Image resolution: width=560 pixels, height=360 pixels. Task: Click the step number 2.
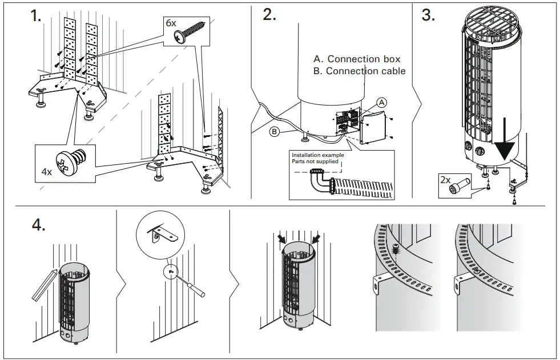tap(269, 16)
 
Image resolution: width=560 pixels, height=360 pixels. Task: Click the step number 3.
tap(428, 16)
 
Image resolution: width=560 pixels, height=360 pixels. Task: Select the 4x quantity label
tap(47, 171)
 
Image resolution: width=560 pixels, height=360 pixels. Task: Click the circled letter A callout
tap(382, 103)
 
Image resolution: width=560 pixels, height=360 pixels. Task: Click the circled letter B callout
tap(274, 132)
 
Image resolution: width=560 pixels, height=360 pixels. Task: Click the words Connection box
tap(363, 59)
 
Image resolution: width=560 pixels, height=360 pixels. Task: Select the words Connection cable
tap(365, 71)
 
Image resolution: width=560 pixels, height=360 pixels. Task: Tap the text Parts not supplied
tap(315, 161)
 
